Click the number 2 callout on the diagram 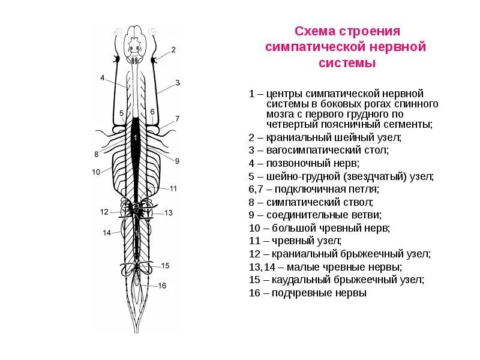tap(173, 50)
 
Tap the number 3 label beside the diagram tap(178, 82)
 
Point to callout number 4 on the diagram tap(103, 78)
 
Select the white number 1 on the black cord tap(136, 139)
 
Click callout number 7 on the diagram tap(178, 118)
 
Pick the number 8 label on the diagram tap(96, 154)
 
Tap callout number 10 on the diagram tap(96, 172)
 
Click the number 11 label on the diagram tap(173, 188)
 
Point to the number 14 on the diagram tap(106, 233)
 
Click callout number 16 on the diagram tap(162, 286)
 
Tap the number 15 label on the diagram tap(166, 266)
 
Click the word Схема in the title tap(314, 31)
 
